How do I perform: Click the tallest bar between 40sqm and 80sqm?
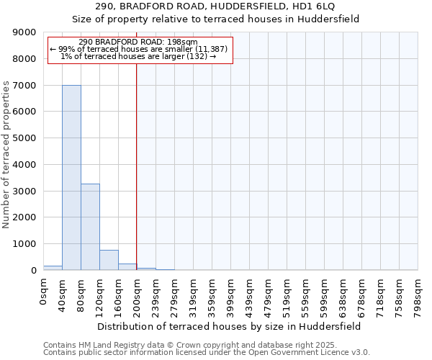click(x=71, y=177)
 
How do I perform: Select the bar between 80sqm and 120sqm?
click(x=90, y=227)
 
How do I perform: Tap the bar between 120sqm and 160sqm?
click(x=109, y=260)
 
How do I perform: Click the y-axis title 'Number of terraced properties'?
click(x=7, y=155)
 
